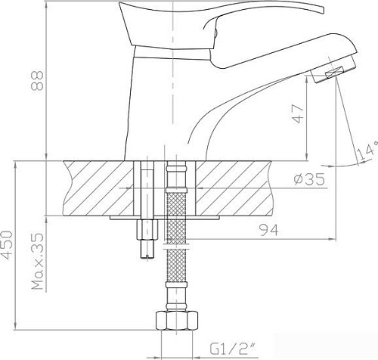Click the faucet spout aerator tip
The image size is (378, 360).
click(332, 73)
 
